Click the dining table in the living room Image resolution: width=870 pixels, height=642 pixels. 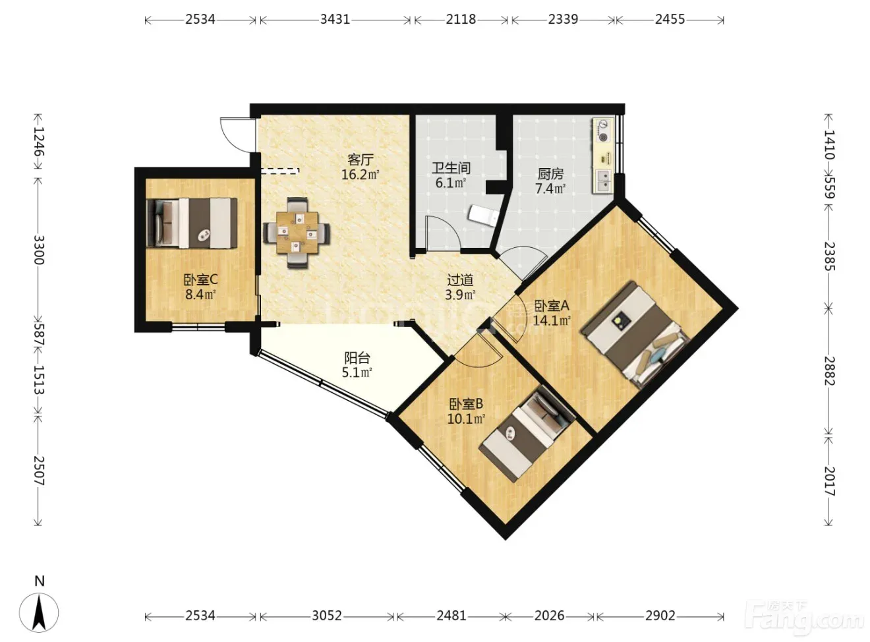(x=297, y=232)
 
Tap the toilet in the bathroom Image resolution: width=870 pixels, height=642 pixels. (x=484, y=215)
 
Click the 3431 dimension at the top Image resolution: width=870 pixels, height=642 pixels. (x=335, y=19)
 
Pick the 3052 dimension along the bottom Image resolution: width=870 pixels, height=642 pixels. (x=327, y=616)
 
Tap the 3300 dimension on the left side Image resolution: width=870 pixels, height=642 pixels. (x=38, y=250)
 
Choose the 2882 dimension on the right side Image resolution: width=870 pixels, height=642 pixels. (x=828, y=371)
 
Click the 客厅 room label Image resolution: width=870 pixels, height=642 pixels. (x=360, y=160)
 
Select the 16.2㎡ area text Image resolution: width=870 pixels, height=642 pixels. (x=360, y=175)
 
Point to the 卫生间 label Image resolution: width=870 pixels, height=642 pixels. (x=451, y=168)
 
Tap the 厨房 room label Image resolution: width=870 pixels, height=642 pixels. (x=550, y=174)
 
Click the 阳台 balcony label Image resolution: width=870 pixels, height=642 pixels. (x=357, y=358)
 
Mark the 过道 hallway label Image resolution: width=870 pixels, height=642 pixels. (x=460, y=280)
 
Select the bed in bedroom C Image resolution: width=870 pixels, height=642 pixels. (x=192, y=223)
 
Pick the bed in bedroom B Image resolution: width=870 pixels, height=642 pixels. (x=527, y=434)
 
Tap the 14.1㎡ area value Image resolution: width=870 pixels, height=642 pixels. (x=552, y=320)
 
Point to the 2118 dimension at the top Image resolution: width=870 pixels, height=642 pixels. (x=461, y=19)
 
